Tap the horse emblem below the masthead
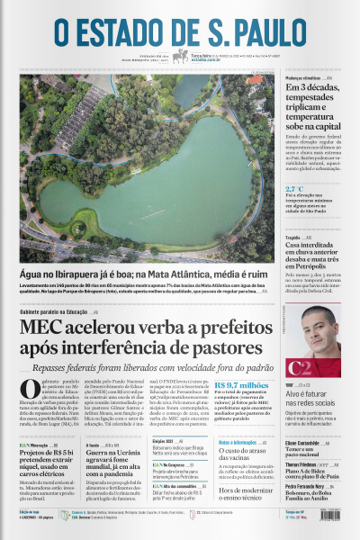tap(180, 57)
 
